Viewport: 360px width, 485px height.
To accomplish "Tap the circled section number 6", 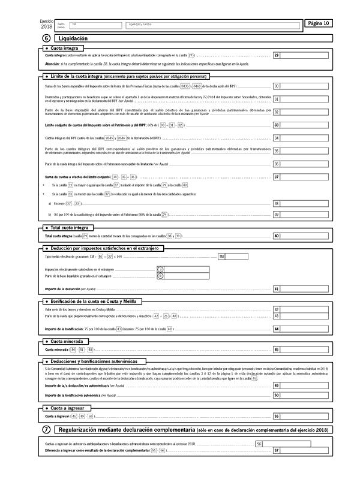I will tap(47, 38).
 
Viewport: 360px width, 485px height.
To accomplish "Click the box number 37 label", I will tap(277, 177).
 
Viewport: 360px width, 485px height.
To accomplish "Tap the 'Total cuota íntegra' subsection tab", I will tap(70, 228).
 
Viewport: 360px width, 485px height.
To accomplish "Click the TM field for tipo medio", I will tap(238, 256).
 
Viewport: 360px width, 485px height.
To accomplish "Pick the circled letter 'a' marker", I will tap(160, 269).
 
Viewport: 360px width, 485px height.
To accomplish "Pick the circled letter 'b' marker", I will tap(160, 276).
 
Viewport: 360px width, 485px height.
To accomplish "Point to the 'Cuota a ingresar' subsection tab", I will tap(66, 408).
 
